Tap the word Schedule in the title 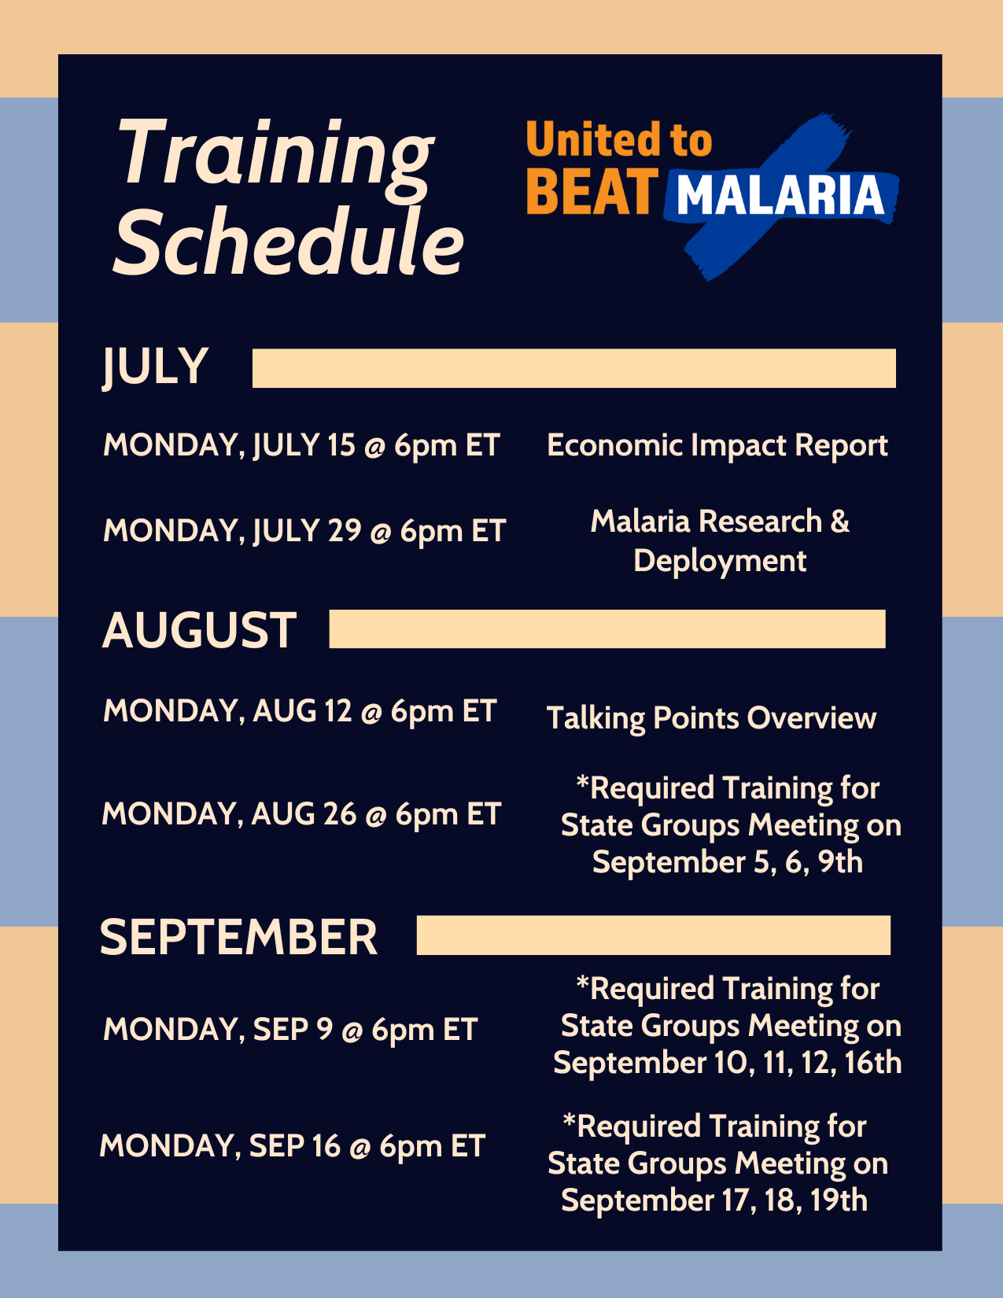pos(289,242)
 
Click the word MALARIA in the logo pos(780,195)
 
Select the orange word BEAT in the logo pos(592,192)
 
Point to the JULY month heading pos(155,367)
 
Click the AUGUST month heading pos(199,631)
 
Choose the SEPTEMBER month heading pos(238,937)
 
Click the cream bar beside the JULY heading pos(574,368)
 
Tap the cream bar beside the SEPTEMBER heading pos(654,935)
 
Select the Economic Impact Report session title pos(717,445)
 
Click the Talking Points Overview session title pos(711,718)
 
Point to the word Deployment pos(720,561)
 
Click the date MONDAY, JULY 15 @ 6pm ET pos(301,446)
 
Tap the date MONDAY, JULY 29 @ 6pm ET pos(304,531)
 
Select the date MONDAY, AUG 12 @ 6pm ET pos(300,711)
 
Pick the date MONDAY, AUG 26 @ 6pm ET pos(301,814)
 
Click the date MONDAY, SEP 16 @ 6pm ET pos(293,1145)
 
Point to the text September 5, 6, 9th pos(728,862)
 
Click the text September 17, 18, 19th pos(714,1200)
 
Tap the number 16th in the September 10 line pos(872,1063)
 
